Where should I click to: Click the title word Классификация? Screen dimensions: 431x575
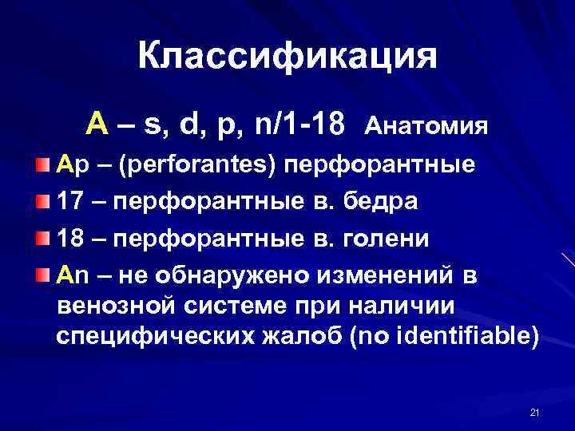pos(287,57)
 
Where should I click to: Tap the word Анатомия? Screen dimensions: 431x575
pos(426,126)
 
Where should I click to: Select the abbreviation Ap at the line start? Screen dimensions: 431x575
pos(70,166)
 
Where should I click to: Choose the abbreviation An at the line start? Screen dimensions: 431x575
pos(70,275)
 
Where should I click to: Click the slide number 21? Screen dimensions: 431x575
pos(535,412)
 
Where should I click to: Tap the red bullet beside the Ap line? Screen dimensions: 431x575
pos(42,166)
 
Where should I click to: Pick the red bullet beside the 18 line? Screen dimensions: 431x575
pos(42,239)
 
